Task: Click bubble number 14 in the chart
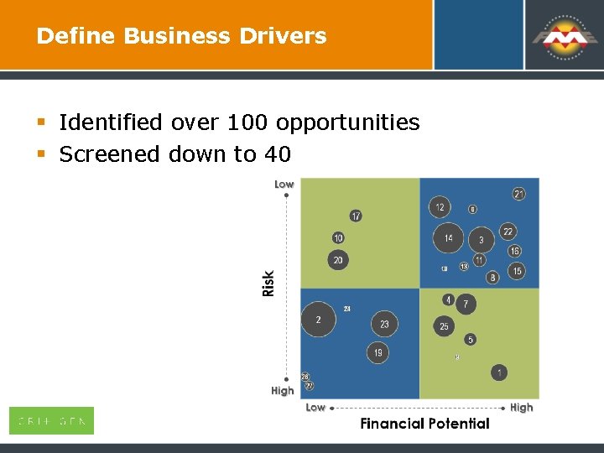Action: click(449, 238)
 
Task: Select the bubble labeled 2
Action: click(318, 320)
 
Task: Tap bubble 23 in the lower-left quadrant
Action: click(384, 324)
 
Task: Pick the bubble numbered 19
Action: click(378, 353)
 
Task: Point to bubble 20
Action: click(338, 260)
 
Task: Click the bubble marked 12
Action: click(440, 207)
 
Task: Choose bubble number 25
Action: click(445, 326)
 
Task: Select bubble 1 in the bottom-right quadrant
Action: click(500, 372)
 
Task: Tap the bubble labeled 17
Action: click(357, 216)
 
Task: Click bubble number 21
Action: click(519, 195)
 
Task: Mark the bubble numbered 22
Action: click(508, 232)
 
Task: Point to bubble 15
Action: click(517, 271)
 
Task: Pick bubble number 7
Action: click(466, 304)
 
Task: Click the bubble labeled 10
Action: click(338, 238)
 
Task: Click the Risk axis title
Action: click(268, 283)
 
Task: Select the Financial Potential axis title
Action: click(424, 424)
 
